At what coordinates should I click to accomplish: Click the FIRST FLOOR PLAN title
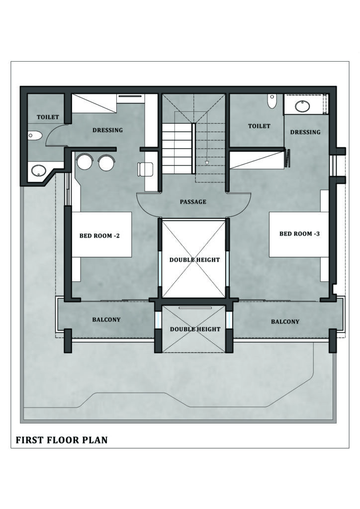(x=62, y=440)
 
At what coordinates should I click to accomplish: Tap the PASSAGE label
(x=193, y=202)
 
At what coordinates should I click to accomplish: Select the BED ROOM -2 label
(x=99, y=236)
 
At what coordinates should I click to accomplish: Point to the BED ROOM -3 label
(x=300, y=234)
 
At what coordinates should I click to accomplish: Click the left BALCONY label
(x=106, y=320)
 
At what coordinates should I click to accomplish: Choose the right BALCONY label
(x=285, y=322)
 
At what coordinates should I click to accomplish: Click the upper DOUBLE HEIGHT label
(x=194, y=259)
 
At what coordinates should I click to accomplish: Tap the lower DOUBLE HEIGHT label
(x=195, y=329)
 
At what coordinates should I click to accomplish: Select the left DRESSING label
(x=107, y=130)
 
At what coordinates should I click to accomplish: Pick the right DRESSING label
(x=305, y=132)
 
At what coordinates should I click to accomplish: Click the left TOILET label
(x=48, y=117)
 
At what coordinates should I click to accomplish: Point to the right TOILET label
(x=259, y=126)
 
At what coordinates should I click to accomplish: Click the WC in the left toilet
(x=35, y=136)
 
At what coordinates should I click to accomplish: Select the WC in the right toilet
(x=271, y=101)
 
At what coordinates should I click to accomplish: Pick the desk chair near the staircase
(x=145, y=169)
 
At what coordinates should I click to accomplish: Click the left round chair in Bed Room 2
(x=84, y=162)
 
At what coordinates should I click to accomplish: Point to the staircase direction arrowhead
(x=206, y=163)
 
